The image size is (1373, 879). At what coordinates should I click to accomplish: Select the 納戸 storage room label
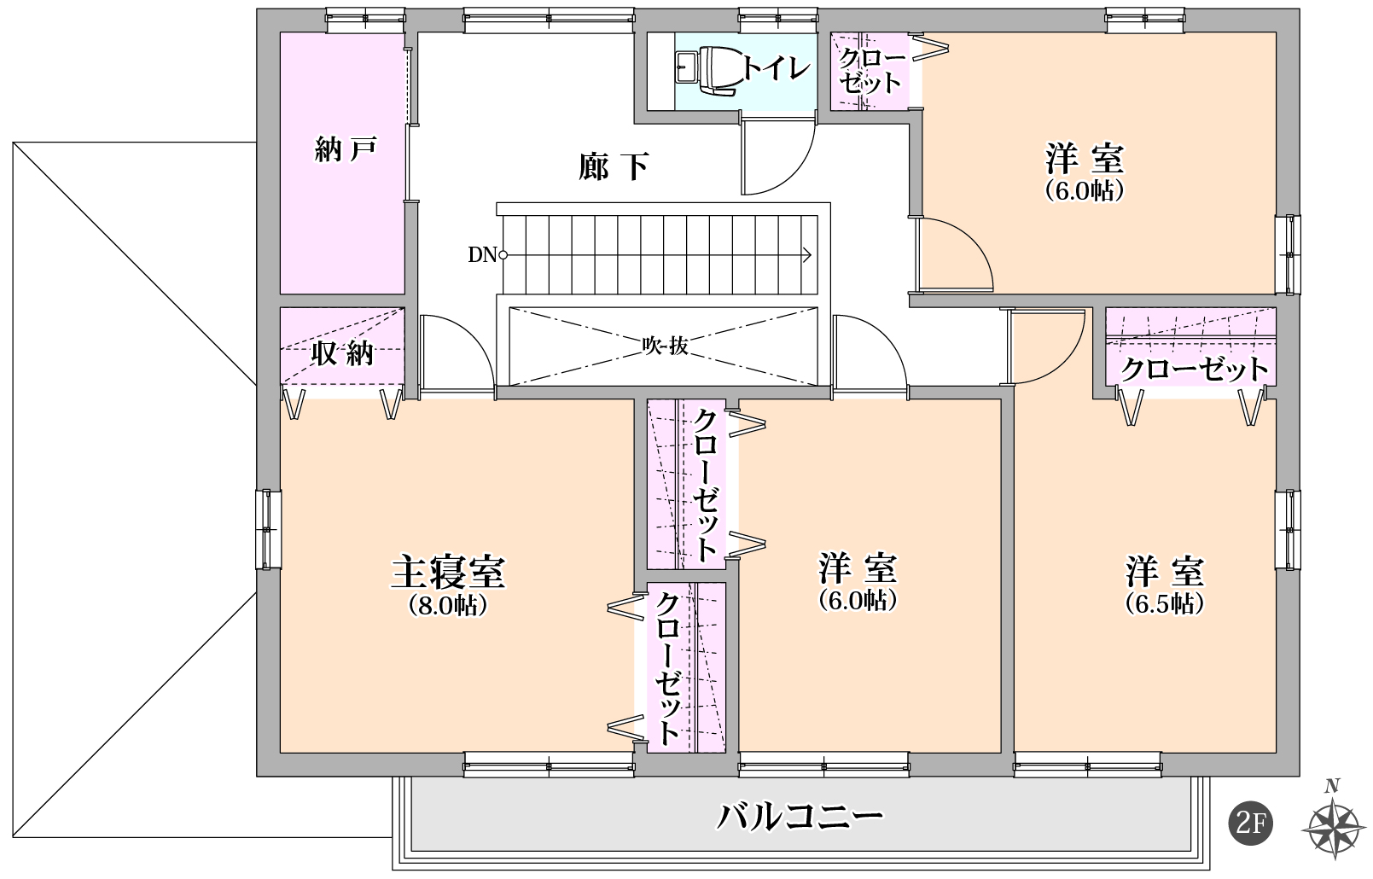pos(345,150)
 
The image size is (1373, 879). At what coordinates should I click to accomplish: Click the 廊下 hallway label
pos(614,166)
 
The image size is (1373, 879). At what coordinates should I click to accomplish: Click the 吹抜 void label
pos(665,346)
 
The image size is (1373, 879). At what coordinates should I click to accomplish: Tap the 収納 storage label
pos(342,353)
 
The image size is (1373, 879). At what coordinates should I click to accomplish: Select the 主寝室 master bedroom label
pos(448,572)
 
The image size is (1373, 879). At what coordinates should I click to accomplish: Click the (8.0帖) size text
pos(448,605)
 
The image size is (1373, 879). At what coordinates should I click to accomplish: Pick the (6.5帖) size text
pos(1165,603)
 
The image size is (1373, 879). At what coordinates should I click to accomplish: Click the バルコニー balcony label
pos(799,818)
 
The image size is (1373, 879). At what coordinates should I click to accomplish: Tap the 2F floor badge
pos(1250,824)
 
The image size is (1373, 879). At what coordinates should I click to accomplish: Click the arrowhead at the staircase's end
pos(806,254)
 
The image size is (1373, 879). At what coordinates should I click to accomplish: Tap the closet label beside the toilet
pos(869,70)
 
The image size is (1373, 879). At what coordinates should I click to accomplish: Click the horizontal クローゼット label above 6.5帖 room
pos(1194,370)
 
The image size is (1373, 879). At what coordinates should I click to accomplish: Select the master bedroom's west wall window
pos(270,529)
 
